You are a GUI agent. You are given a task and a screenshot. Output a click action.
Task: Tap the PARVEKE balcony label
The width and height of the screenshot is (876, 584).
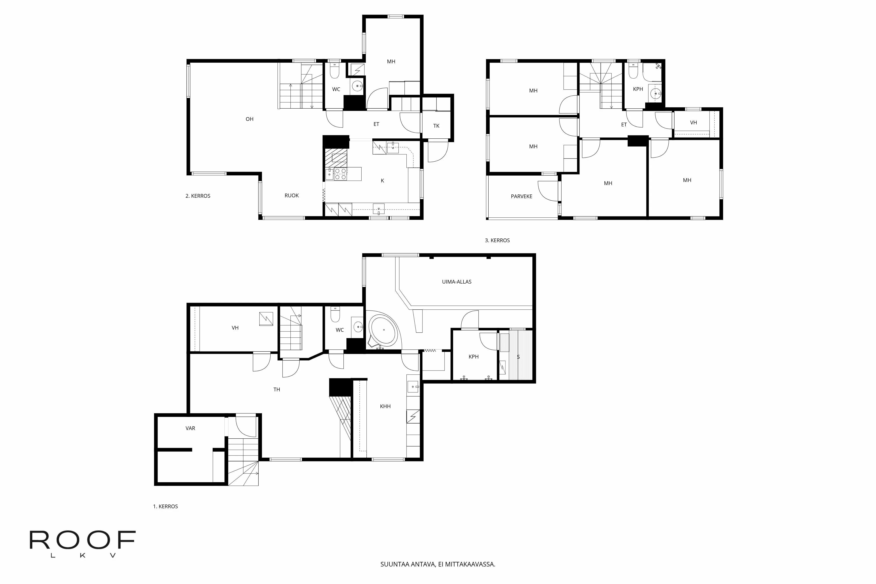tap(521, 196)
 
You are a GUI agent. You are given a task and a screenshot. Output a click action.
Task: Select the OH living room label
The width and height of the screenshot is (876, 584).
tap(249, 119)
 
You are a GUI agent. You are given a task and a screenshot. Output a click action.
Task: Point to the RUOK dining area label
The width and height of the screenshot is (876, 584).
tap(292, 196)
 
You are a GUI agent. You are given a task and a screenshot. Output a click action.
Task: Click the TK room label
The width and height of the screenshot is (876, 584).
tap(436, 126)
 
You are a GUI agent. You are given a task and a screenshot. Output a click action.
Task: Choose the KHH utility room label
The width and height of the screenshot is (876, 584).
tap(385, 406)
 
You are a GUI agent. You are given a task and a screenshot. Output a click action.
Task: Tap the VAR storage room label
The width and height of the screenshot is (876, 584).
tap(190, 428)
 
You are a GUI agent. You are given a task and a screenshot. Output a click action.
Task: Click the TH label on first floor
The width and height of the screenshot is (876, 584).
tap(277, 390)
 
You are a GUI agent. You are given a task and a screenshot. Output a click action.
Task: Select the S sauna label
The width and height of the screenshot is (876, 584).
tap(518, 357)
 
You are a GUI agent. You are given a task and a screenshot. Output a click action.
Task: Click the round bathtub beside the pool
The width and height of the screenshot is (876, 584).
tap(384, 330)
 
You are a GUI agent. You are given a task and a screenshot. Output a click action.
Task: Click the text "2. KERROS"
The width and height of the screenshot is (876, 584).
tap(198, 196)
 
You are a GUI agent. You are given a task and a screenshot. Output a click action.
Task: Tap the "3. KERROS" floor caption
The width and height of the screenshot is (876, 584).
tap(497, 241)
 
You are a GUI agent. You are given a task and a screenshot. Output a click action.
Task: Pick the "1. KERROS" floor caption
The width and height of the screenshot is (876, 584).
tap(165, 506)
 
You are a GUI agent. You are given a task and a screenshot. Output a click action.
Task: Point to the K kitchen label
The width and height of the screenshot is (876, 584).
tap(382, 181)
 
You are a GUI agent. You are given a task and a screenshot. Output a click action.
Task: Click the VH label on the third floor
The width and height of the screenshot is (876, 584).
tap(693, 123)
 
